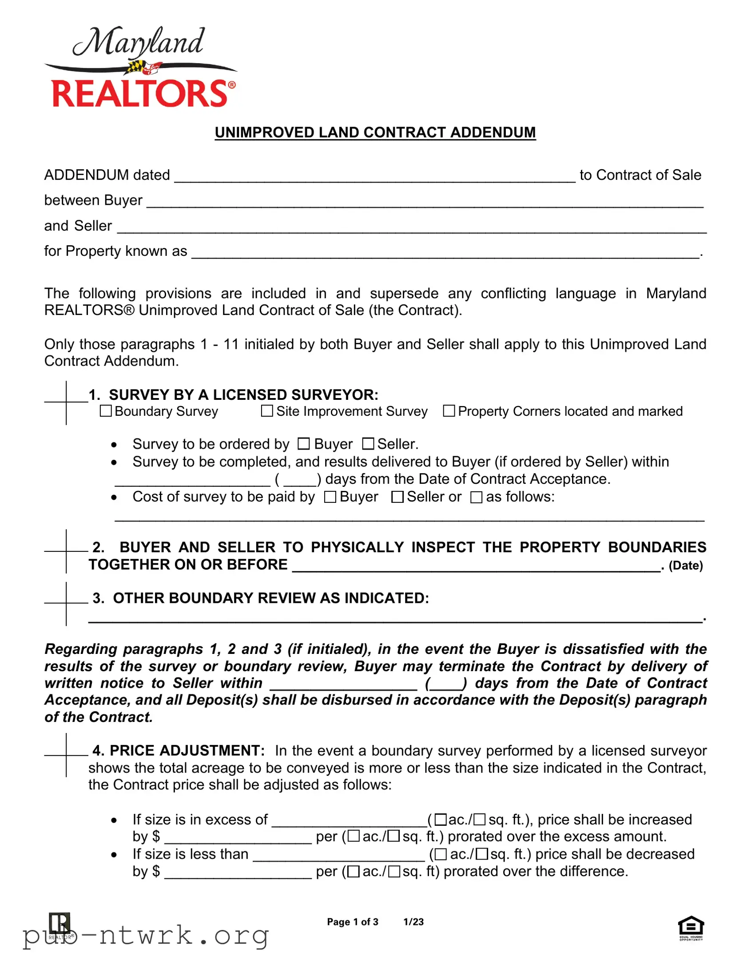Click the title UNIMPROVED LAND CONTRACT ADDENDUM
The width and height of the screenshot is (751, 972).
click(x=375, y=133)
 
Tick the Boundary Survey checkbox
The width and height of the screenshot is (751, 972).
click(x=106, y=411)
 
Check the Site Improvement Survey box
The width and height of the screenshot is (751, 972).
click(x=267, y=411)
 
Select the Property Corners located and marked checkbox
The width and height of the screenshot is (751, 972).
click(x=449, y=411)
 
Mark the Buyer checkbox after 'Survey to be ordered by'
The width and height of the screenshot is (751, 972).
click(x=303, y=444)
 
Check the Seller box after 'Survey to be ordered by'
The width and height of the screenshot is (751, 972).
click(x=368, y=444)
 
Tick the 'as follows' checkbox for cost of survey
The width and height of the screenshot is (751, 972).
click(x=476, y=497)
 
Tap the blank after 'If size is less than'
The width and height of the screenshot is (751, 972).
click(x=339, y=854)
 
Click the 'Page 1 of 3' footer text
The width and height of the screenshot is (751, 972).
click(x=352, y=922)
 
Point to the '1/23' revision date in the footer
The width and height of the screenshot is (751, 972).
click(x=413, y=922)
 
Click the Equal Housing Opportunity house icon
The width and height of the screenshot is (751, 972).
click(x=691, y=927)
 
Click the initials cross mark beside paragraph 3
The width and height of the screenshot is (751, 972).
click(x=66, y=603)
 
